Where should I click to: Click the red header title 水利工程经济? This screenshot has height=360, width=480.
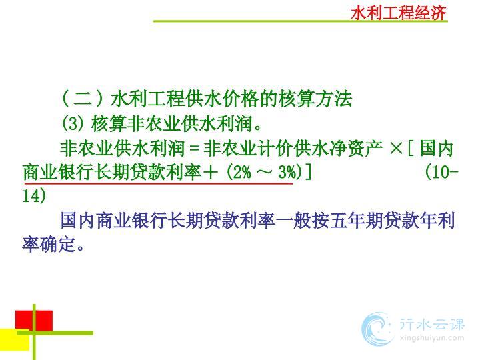click(399, 13)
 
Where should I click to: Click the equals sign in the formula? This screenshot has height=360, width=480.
click(194, 149)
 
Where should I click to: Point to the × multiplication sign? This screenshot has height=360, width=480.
click(397, 149)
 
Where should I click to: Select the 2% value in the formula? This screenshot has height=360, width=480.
click(243, 172)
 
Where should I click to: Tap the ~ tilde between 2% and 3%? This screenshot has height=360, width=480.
click(265, 172)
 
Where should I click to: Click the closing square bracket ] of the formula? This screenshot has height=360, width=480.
click(308, 172)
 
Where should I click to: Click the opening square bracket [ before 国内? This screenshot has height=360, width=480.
click(411, 149)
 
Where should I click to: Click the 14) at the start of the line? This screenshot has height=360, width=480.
click(34, 196)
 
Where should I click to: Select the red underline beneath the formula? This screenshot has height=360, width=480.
click(159, 184)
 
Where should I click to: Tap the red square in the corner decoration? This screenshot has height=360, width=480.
click(34, 321)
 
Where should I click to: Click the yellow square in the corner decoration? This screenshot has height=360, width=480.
click(15, 339)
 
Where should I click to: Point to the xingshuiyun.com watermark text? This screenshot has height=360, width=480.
click(432, 338)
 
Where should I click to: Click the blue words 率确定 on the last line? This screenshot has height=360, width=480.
click(49, 244)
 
